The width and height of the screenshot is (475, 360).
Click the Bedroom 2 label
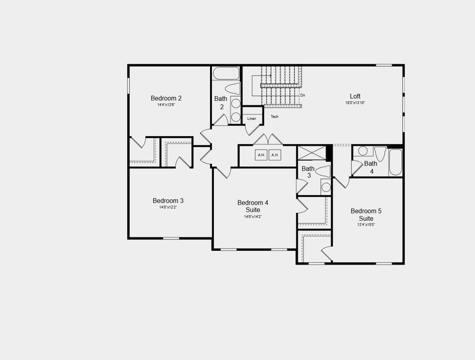(x=166, y=98)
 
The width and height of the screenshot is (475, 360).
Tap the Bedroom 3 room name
(x=168, y=200)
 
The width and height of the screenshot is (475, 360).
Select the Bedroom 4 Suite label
(x=253, y=206)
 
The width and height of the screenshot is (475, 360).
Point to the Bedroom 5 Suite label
(x=366, y=215)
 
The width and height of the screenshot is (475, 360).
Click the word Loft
(x=355, y=96)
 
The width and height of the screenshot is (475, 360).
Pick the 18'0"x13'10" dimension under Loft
(x=355, y=103)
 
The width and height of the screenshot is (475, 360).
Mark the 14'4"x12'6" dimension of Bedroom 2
(x=166, y=105)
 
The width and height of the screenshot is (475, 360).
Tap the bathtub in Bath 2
(x=226, y=74)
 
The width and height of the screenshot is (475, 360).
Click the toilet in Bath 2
(x=233, y=89)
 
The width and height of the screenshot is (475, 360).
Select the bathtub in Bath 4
(x=395, y=161)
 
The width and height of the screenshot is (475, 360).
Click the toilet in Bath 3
(x=324, y=172)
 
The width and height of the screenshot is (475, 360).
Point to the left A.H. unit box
(x=261, y=155)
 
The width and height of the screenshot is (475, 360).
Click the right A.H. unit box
(x=275, y=155)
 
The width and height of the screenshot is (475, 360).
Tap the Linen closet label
(x=252, y=119)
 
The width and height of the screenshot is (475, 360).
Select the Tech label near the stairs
(x=274, y=116)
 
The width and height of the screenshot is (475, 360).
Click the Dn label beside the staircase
(x=303, y=95)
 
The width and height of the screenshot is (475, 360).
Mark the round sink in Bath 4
(x=363, y=151)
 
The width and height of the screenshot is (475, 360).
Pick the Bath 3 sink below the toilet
(x=325, y=187)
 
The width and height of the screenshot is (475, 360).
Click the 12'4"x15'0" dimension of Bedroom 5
(x=366, y=225)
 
